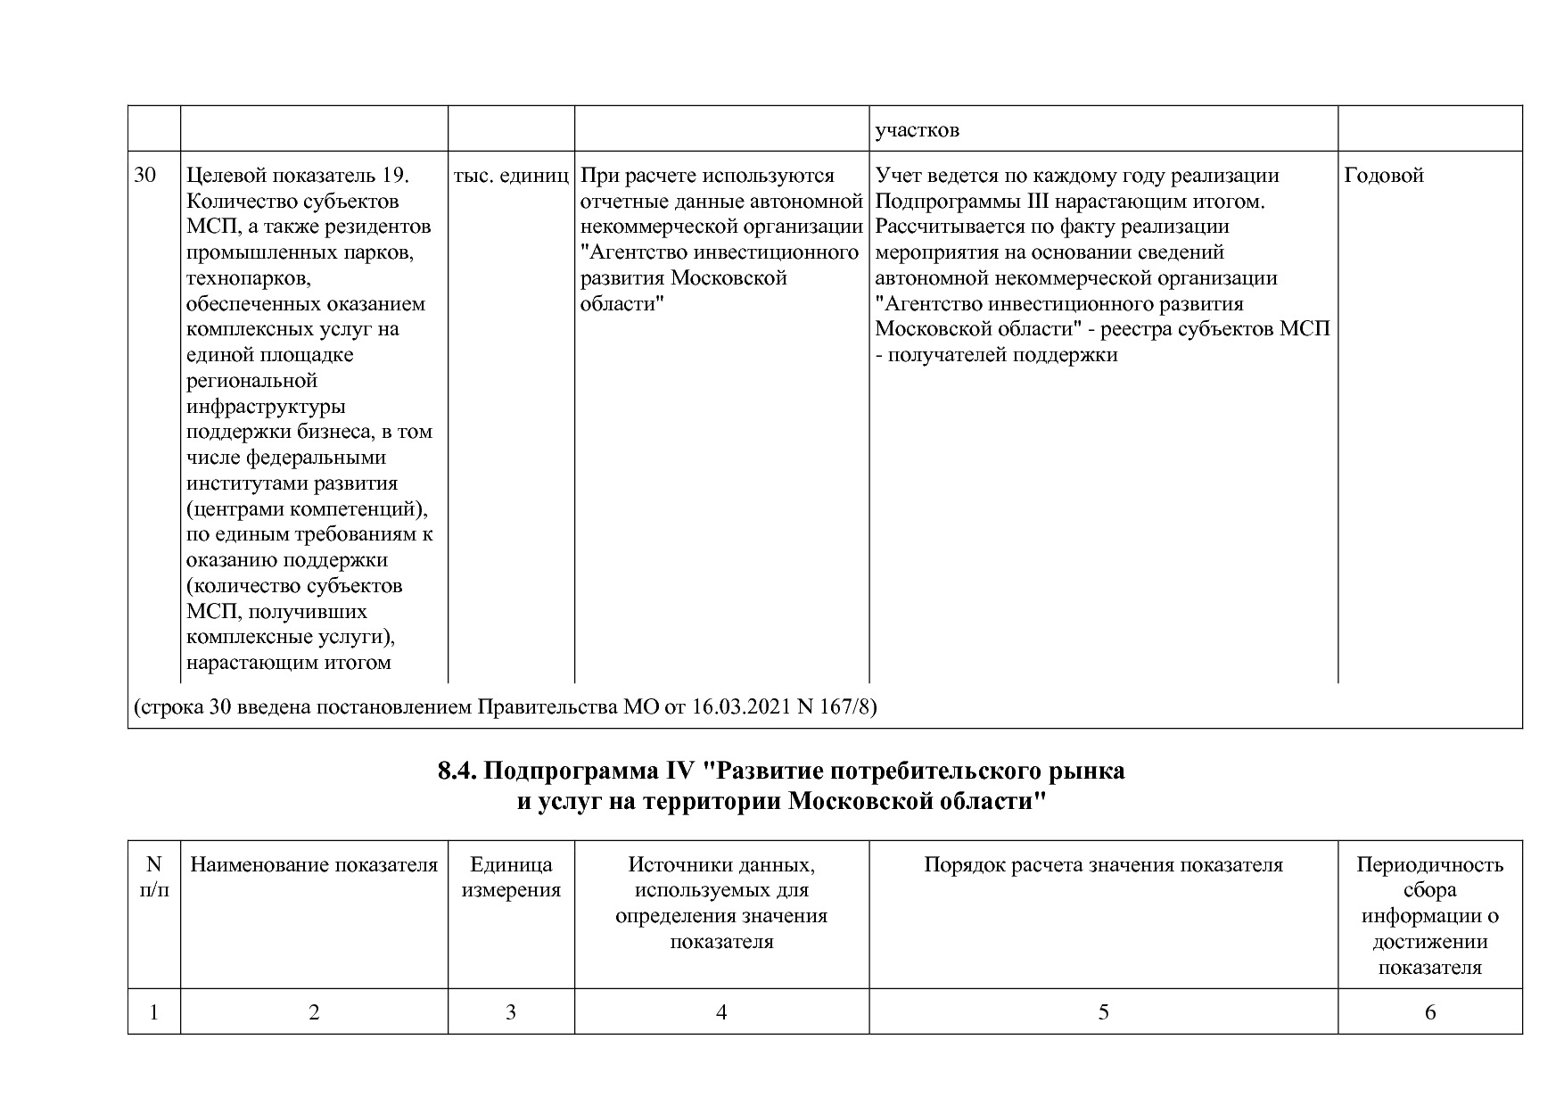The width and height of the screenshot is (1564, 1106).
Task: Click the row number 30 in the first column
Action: pos(144,176)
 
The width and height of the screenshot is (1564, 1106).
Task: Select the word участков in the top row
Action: pos(917,130)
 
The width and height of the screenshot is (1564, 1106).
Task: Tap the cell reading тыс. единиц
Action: pos(511,176)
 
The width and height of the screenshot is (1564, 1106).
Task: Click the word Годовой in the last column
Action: pos(1383,176)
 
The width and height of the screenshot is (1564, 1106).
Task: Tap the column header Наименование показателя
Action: pos(314,864)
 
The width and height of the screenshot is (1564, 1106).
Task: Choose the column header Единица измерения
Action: pos(511,877)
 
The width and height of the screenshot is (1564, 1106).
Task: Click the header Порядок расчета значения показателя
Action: pos(1103,864)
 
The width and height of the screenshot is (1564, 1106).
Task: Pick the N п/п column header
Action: pos(154,877)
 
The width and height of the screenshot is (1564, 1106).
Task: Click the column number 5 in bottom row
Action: pos(1103,1011)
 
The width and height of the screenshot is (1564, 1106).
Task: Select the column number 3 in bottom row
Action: pos(511,1011)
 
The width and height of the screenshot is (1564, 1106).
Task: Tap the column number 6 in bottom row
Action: pos(1430,1011)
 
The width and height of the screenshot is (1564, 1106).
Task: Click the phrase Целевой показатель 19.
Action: pos(297,176)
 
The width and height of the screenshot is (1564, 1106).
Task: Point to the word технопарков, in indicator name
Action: pos(248,278)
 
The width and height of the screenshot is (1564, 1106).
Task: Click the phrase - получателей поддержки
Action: pos(996,355)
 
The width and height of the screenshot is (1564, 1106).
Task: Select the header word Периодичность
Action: pos(1429,864)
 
